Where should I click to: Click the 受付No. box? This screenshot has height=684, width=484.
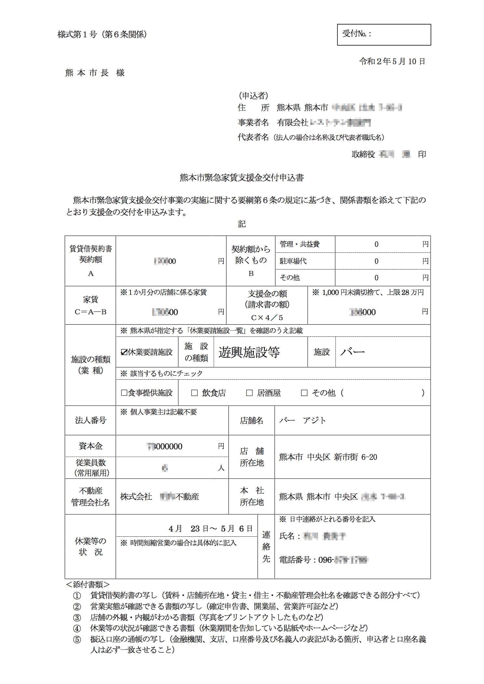click(x=384, y=34)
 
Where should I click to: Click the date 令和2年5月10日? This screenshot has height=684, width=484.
click(x=392, y=61)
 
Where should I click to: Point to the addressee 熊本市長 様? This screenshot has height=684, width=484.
click(x=95, y=73)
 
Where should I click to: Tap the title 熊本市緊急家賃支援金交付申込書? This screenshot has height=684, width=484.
click(x=242, y=178)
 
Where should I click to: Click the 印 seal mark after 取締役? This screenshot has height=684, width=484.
click(x=422, y=154)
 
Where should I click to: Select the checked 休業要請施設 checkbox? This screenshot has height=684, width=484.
click(x=124, y=352)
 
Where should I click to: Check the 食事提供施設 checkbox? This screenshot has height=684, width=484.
click(x=124, y=393)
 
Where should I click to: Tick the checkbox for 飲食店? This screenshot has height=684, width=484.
click(x=195, y=393)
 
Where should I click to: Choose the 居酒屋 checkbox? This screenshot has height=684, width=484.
click(x=249, y=393)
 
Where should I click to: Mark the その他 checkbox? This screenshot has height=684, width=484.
click(x=304, y=393)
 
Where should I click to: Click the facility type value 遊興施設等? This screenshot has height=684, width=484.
click(x=249, y=352)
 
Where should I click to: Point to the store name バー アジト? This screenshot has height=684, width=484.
click(x=302, y=420)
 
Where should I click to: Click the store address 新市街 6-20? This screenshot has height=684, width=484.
click(x=355, y=457)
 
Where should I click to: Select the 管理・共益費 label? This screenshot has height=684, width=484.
click(x=299, y=244)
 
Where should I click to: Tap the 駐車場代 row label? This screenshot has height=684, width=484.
click(x=293, y=261)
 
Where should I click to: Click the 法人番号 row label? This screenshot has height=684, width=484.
click(x=90, y=420)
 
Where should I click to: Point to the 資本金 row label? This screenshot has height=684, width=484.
click(x=90, y=446)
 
